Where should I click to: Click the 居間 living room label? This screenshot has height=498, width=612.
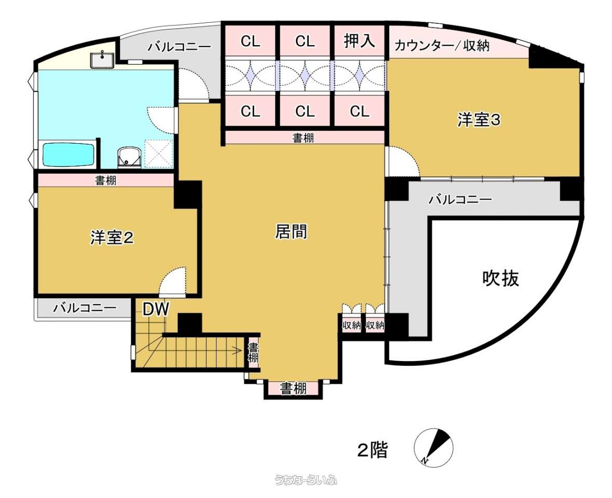pyautogui.click(x=291, y=231)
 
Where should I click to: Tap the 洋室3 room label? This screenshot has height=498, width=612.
pyautogui.click(x=479, y=120)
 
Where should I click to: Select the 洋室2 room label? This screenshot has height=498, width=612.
pyautogui.click(x=112, y=238)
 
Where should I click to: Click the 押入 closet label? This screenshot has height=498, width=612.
pyautogui.click(x=359, y=40)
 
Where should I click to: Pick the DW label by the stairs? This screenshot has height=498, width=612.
pyautogui.click(x=156, y=309)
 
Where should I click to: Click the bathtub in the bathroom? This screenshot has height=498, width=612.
pyautogui.click(x=69, y=155)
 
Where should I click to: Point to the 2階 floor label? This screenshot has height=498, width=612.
pyautogui.click(x=373, y=450)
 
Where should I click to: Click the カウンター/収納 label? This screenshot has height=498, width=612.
pyautogui.click(x=442, y=46)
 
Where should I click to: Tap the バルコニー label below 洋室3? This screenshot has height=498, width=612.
pyautogui.click(x=460, y=200)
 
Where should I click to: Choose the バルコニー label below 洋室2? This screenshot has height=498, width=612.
pyautogui.click(x=85, y=308)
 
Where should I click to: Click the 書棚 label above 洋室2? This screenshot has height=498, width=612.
pyautogui.click(x=106, y=181)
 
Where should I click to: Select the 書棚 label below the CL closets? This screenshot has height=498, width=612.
pyautogui.click(x=303, y=137)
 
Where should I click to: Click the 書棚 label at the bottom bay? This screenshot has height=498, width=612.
pyautogui.click(x=293, y=389)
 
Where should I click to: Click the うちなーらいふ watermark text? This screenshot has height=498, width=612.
pyautogui.click(x=306, y=480)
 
